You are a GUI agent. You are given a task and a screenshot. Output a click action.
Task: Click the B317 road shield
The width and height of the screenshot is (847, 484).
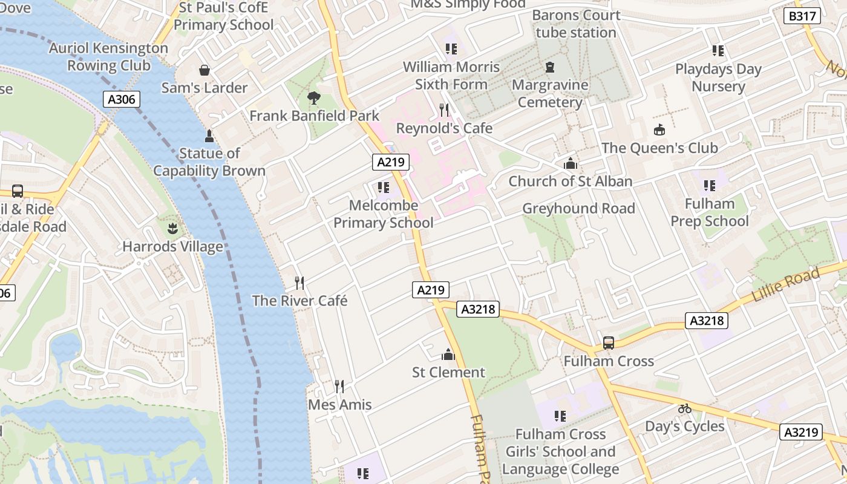[803, 16]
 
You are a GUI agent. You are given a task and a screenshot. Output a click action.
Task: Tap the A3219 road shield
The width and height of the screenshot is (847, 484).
[802, 432]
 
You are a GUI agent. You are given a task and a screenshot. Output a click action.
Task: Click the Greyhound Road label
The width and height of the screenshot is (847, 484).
[578, 209]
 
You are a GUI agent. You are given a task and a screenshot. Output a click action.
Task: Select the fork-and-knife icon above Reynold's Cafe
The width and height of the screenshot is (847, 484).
[445, 110]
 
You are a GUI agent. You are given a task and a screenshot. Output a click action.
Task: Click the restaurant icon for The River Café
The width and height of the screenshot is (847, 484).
[299, 283]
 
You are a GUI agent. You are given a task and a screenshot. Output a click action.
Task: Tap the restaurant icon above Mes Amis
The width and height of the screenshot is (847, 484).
[339, 386]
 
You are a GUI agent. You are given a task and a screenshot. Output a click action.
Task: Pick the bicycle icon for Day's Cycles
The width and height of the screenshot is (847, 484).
[684, 408]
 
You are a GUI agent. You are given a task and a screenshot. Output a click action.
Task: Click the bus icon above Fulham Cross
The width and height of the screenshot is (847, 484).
[609, 343]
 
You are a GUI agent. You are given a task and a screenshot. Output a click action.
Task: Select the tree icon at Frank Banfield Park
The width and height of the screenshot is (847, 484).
[314, 97]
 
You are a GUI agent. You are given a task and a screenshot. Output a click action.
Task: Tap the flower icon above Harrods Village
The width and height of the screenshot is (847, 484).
[172, 228]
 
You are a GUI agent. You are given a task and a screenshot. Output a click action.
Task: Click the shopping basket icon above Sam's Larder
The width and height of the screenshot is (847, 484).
[204, 70]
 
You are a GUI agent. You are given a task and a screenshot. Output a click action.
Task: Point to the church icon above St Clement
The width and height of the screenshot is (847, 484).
[448, 354]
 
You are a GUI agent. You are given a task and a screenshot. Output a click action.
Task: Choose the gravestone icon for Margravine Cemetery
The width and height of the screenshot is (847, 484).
[550, 67]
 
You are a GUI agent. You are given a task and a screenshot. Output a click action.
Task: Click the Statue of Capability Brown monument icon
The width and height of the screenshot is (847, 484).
[209, 135]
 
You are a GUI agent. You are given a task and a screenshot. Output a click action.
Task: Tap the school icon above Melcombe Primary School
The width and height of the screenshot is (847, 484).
[383, 188]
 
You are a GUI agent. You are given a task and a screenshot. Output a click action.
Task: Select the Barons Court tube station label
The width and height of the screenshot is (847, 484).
[576, 24]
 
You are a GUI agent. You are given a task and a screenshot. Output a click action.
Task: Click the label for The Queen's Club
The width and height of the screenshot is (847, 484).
[659, 148]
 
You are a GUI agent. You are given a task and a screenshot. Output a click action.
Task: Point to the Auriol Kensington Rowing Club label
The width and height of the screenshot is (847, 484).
[108, 56]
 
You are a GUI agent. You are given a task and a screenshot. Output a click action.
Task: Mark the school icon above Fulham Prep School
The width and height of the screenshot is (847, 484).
[709, 185]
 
